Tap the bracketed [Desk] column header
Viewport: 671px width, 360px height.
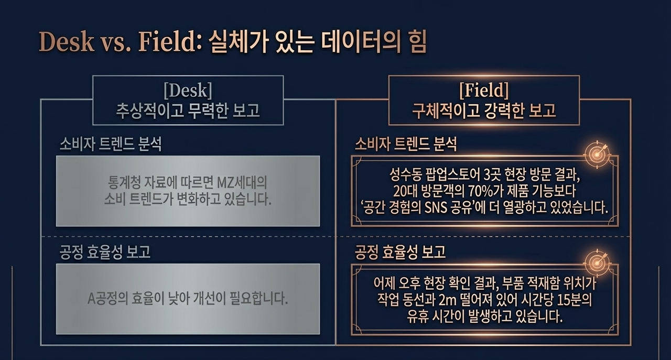[x=188, y=91]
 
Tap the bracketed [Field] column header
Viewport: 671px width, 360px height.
[x=483, y=91]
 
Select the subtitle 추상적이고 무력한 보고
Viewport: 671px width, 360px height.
[x=188, y=112]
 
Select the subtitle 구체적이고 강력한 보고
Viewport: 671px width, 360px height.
[x=483, y=112]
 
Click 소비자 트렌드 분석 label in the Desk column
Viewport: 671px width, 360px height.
[x=110, y=145]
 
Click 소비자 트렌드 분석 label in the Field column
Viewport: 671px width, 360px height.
[x=406, y=145]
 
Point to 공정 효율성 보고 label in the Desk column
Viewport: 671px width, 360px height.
[x=105, y=252]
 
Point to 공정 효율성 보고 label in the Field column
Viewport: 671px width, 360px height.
[x=400, y=252]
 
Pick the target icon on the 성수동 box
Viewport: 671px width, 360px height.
[x=597, y=152]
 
